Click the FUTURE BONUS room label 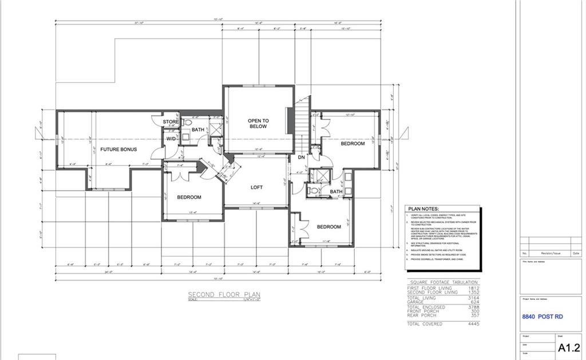click(118, 149)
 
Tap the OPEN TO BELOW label click(258, 124)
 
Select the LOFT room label click(257, 187)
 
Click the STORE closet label click(171, 122)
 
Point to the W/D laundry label click(171, 139)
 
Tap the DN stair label click(301, 157)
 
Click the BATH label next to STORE click(197, 130)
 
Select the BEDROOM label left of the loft click(189, 197)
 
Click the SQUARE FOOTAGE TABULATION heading click(444, 282)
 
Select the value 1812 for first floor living click(473, 288)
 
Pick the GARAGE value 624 click(474, 302)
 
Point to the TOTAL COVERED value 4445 click(473, 325)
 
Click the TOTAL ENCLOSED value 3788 click(473, 307)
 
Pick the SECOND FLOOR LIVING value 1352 click(473, 292)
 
